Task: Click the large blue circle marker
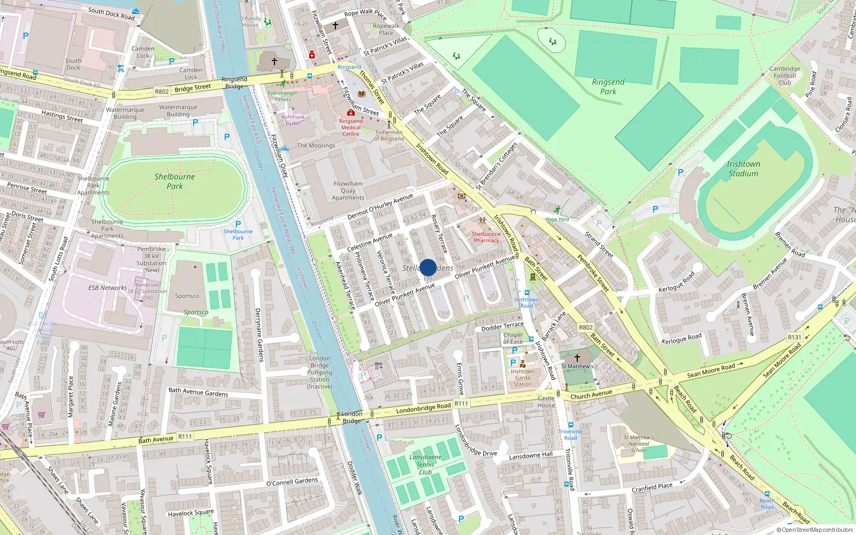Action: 428,267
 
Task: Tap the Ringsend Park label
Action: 608,87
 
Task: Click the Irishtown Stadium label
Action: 743,169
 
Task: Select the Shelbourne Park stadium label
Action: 174,181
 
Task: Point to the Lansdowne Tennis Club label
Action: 425,464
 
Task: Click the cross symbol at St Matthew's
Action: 577,357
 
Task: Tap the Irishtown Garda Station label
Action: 522,378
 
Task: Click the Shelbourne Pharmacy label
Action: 486,237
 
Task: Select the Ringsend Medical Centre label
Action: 351,127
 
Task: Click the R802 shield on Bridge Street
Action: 162,91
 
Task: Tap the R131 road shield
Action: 794,337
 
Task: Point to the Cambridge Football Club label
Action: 785,75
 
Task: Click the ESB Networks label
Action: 108,288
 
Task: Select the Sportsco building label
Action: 187,296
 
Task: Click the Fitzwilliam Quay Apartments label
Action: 348,190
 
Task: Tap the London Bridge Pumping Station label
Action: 319,372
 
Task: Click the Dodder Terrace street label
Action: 502,326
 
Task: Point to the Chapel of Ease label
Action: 513,338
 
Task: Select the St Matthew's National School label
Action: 639,444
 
